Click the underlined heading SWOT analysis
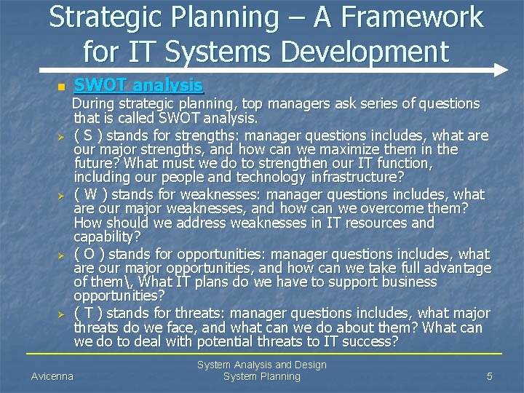pos(139,85)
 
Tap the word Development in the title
pos(357,51)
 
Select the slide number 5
pos(490,376)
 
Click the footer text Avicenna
pos(52,376)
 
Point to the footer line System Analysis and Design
pos(262,365)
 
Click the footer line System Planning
pos(262,376)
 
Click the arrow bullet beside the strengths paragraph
pos(63,136)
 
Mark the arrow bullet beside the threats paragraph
pos(63,314)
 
